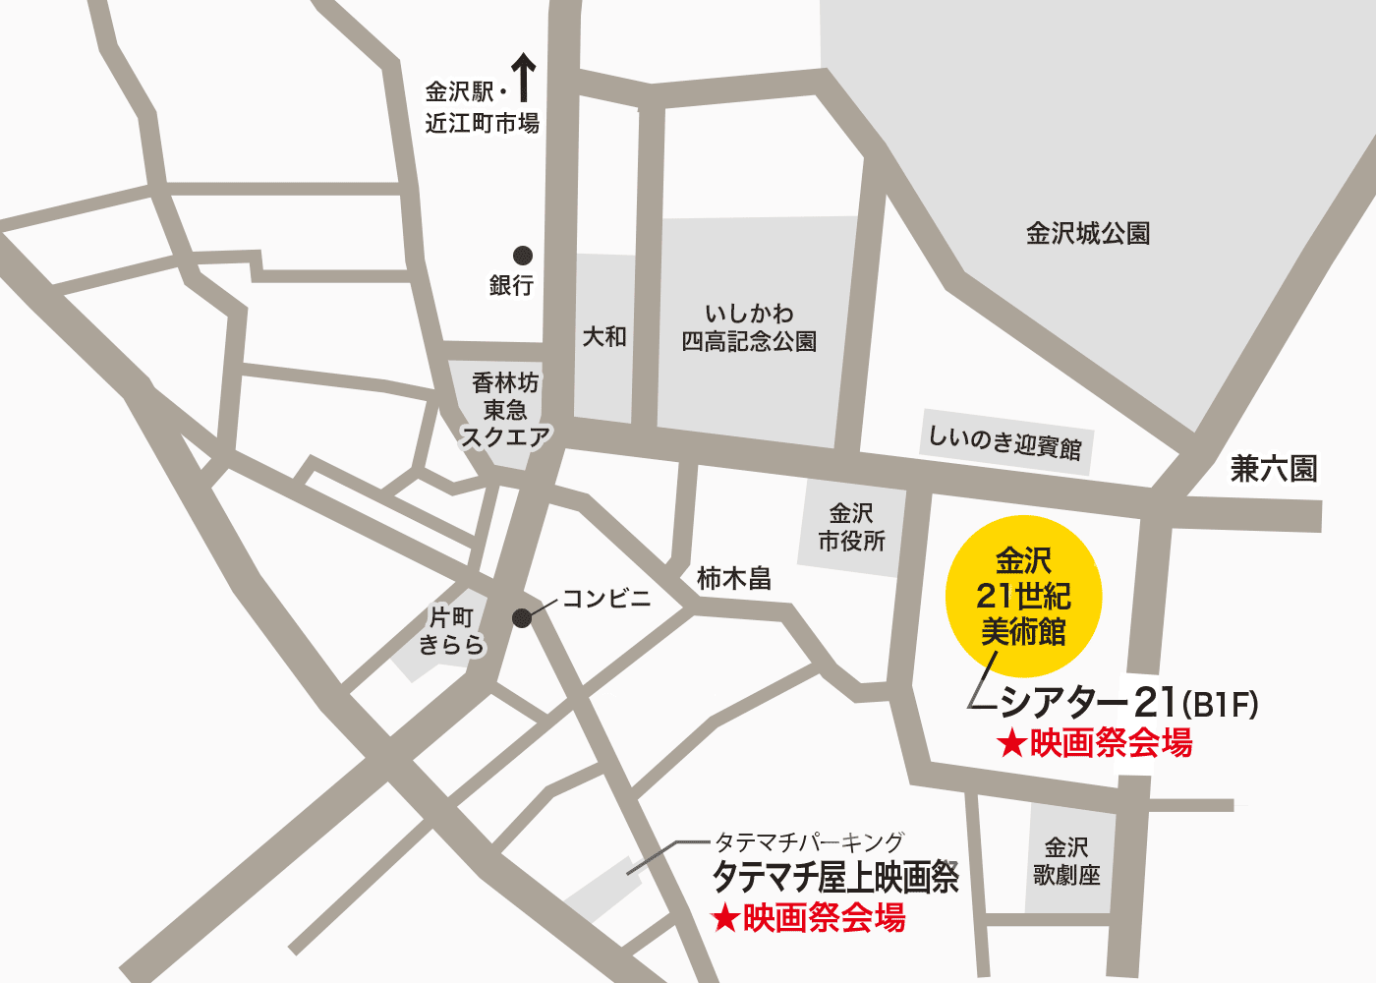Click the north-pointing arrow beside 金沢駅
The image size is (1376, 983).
[x=524, y=78]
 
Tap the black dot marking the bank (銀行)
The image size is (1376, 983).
[x=523, y=256]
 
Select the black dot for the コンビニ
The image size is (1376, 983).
[x=522, y=618]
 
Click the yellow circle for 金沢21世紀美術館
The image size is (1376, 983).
[x=1023, y=596]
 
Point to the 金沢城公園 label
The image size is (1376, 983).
[x=1088, y=234]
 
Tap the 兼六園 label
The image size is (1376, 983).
[x=1274, y=469]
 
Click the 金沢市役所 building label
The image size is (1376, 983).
[x=851, y=527]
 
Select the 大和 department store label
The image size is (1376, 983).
[x=604, y=337]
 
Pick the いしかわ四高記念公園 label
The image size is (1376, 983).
[x=749, y=327]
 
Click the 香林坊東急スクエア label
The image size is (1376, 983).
[x=505, y=410]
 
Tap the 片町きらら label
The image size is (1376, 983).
[x=452, y=631]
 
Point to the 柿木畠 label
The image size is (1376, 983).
[x=733, y=578]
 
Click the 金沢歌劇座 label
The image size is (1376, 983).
[x=1066, y=861]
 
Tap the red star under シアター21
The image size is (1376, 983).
[x=1011, y=744]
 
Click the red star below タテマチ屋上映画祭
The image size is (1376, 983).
[x=725, y=919]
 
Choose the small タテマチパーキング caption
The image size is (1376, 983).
[x=808, y=842]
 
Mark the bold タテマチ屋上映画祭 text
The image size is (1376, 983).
[x=835, y=877]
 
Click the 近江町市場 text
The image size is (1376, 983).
[x=482, y=124]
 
